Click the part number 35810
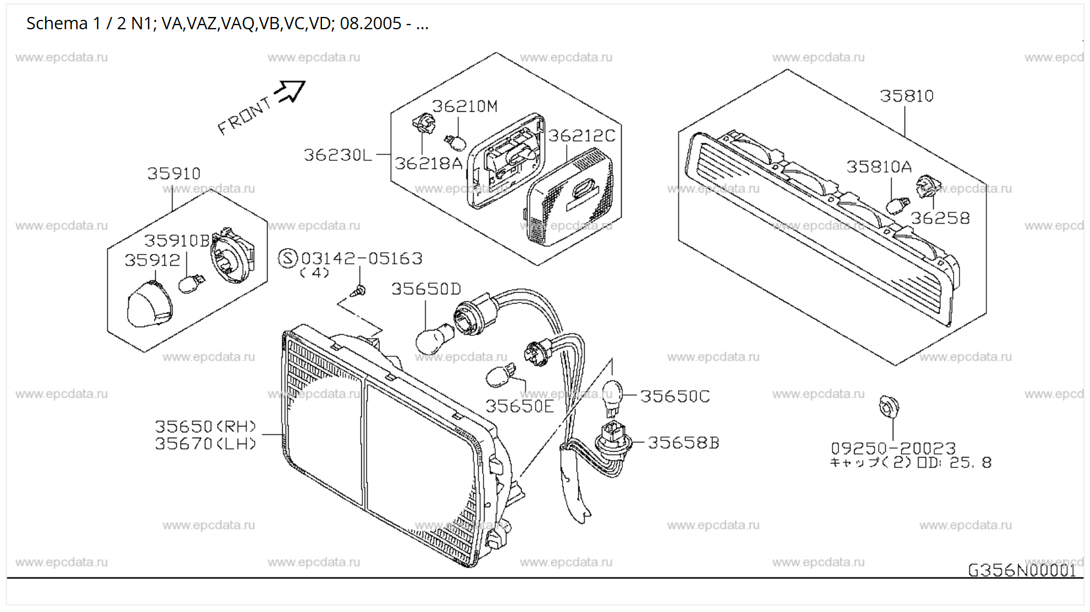coord(906,96)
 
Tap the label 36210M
coord(465,106)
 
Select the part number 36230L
coord(338,155)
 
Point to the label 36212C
coord(581,136)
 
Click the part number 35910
coord(174,174)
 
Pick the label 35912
coord(152,260)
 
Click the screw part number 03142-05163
coord(361,259)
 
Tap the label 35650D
coord(426,289)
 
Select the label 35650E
coord(519,406)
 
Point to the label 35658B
coord(683,443)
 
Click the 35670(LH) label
coord(205,444)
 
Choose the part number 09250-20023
coord(893,448)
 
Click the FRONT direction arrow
coord(291,91)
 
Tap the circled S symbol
coord(287,258)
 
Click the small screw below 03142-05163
coord(360,290)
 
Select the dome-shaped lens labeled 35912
coord(149,304)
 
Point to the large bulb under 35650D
coord(434,339)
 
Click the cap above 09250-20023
coord(889,406)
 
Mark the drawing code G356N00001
coord(1022,570)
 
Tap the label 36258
coord(940,218)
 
